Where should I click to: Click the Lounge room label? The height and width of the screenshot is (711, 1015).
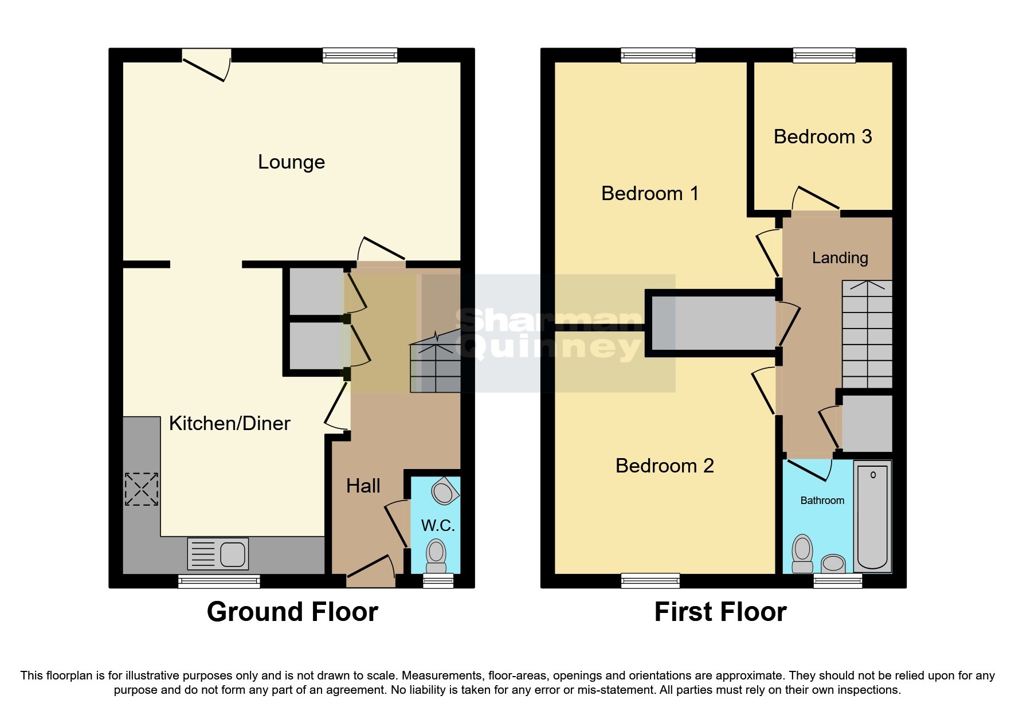click(x=291, y=162)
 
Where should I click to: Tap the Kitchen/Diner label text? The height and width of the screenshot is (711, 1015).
click(x=229, y=424)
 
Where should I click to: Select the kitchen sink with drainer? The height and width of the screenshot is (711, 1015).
click(x=218, y=554)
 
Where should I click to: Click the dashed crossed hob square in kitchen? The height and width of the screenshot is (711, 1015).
click(x=142, y=489)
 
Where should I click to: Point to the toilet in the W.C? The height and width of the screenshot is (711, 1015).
click(x=436, y=556)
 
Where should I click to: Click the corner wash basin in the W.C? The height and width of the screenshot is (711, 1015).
click(x=444, y=491)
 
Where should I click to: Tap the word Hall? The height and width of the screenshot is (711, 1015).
click(x=363, y=486)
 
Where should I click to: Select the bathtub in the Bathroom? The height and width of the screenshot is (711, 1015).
click(x=872, y=516)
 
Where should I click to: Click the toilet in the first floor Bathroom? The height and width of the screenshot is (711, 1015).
click(x=802, y=553)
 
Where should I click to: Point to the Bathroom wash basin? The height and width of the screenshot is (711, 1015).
click(x=833, y=564)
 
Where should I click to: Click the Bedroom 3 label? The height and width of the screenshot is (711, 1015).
click(x=822, y=137)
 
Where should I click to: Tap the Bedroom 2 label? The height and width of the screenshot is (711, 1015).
click(x=664, y=466)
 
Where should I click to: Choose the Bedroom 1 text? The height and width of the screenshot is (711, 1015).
click(x=650, y=194)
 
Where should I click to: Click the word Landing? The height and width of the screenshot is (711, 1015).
click(x=840, y=258)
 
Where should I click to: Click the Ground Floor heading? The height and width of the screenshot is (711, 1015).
click(x=292, y=612)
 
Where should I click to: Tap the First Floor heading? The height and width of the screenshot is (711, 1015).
click(x=720, y=612)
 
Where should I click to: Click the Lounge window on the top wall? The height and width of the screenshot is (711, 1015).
click(x=360, y=56)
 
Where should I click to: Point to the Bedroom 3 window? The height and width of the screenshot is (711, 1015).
click(x=824, y=56)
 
